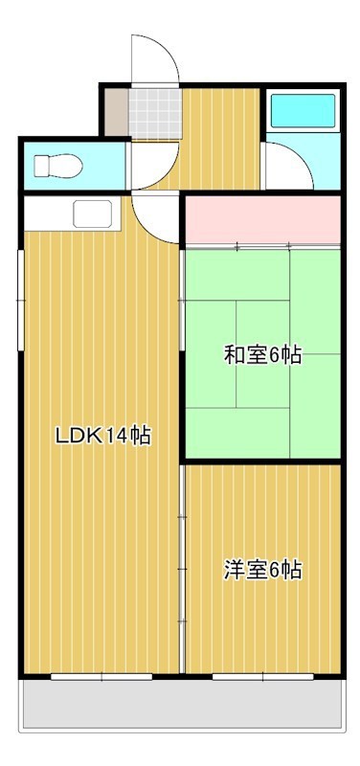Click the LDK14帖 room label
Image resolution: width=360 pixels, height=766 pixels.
tap(102, 436)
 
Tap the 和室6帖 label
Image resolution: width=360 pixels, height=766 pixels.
tap(262, 356)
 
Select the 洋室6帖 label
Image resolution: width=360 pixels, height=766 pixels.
tap(262, 571)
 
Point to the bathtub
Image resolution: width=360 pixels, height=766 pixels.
tap(302, 111)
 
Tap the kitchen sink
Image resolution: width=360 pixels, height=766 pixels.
tap(92, 214)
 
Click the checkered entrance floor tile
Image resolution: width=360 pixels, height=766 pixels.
tap(154, 112)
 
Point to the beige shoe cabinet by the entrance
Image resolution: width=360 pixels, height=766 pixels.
tap(115, 112)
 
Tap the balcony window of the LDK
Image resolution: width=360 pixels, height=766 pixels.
tap(101, 677)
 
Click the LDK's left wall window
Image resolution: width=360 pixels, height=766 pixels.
tap(21, 287)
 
